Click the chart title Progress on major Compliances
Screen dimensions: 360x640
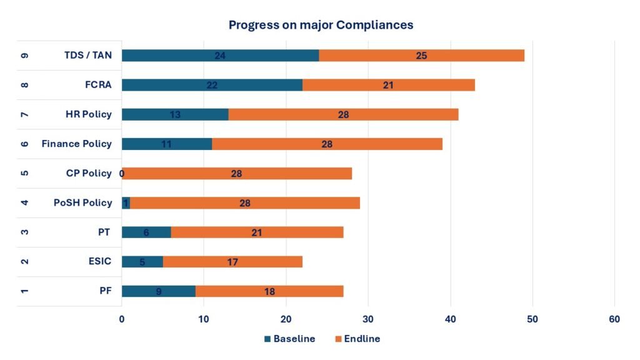[x=321, y=25]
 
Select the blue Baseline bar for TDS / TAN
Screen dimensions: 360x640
[x=220, y=56]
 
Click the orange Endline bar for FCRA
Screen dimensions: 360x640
[x=388, y=85]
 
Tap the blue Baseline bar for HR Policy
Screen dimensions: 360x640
[x=175, y=114]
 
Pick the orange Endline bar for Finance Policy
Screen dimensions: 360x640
[x=327, y=144]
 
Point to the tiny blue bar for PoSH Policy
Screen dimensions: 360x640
[x=126, y=202]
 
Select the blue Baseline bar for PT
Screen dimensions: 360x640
[x=146, y=232]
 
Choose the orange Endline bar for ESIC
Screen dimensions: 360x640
[x=232, y=261]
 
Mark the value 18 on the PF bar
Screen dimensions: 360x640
[x=269, y=291]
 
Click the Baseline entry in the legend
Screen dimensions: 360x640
[x=289, y=339]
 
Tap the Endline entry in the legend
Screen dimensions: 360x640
[x=357, y=339]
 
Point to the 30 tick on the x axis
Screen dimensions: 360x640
[x=368, y=319]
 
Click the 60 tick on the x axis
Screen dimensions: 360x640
[x=614, y=319]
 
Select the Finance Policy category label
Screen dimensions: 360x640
[x=76, y=144]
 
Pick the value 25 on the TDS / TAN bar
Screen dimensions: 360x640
[x=421, y=56]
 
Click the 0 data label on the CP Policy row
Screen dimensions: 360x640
[x=122, y=173]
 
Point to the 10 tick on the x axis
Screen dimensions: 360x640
[x=204, y=319]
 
